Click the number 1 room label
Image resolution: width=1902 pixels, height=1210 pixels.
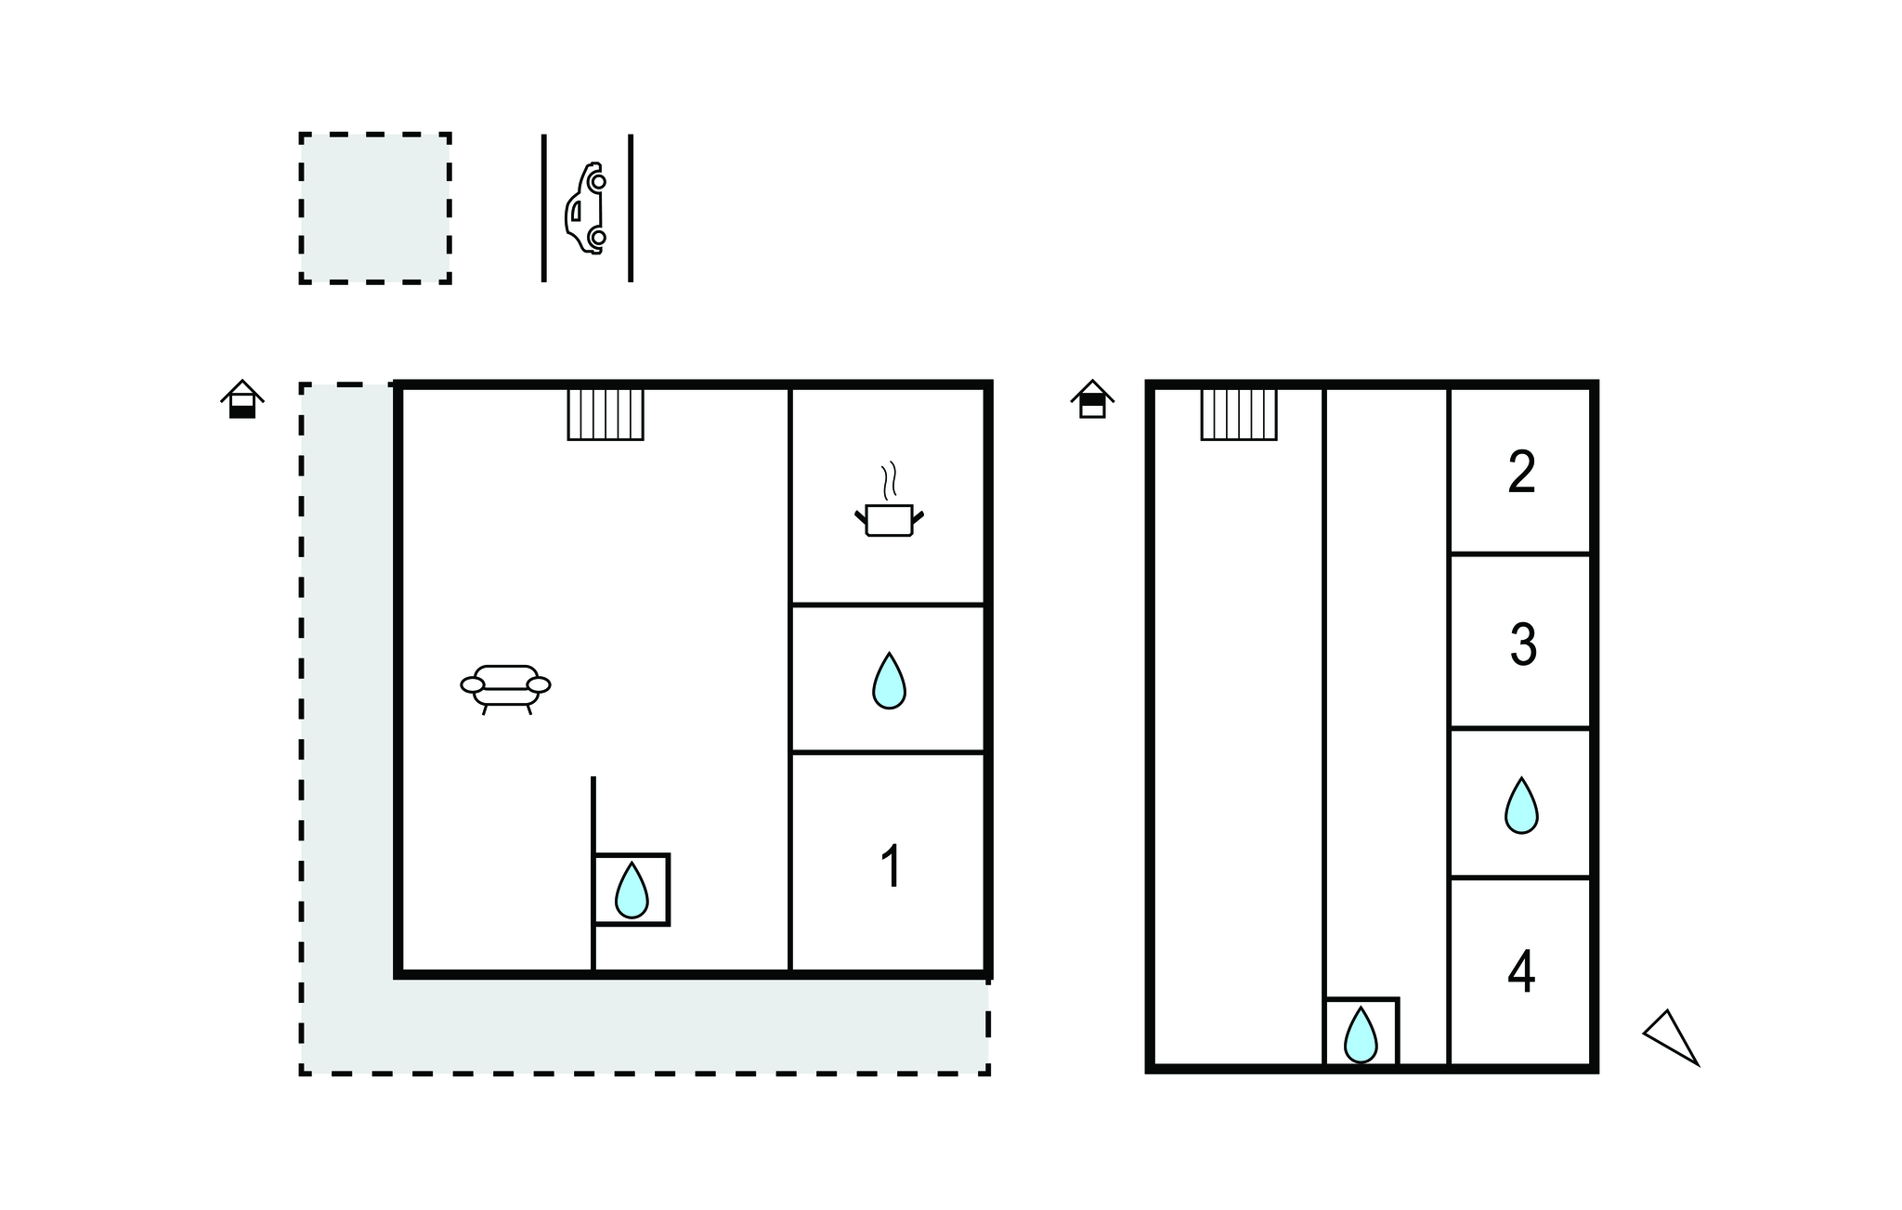tap(891, 866)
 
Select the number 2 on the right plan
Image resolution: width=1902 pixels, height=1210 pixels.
tap(1521, 473)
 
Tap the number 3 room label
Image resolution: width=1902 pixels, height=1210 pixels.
tap(1523, 644)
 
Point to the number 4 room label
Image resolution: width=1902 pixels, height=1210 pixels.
tap(1521, 972)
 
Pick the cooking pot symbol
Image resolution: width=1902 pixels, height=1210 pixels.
tap(889, 519)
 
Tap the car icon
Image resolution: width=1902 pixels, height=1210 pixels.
tap(586, 208)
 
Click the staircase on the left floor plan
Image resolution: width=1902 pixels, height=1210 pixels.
tap(606, 414)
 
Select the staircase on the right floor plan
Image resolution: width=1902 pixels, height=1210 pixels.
tap(1239, 414)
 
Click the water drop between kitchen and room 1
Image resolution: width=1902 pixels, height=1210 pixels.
tap(889, 681)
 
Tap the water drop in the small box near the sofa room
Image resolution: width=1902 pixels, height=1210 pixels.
tap(632, 890)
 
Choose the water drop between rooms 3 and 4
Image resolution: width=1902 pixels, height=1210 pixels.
tap(1521, 805)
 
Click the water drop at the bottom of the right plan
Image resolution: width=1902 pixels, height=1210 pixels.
tap(1361, 1034)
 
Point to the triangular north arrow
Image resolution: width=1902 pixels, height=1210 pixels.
tap(1671, 1037)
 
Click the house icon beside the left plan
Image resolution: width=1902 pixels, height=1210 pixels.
tap(242, 399)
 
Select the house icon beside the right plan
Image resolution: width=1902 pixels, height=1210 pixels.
tap(1092, 399)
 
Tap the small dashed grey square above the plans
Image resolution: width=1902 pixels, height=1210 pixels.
tap(375, 208)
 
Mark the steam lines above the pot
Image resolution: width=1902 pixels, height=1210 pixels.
tap(890, 480)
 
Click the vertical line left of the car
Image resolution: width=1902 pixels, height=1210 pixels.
tap(544, 208)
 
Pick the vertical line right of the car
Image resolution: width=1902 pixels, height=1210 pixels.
tap(631, 208)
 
